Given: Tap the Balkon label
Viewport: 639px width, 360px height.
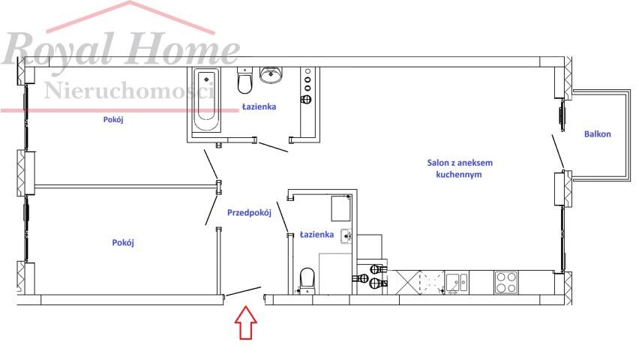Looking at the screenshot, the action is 598,134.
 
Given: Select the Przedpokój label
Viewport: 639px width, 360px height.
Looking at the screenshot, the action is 249,212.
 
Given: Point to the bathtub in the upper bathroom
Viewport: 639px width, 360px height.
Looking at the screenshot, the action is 206,100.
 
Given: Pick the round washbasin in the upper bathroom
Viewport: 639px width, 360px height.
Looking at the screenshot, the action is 271,75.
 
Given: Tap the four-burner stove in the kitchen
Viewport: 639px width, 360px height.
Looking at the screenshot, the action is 506,283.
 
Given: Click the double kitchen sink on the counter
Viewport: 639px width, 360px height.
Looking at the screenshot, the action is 457,282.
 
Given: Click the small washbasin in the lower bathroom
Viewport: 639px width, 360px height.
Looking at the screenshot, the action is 346,236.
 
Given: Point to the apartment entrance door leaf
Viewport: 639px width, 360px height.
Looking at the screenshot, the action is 244,291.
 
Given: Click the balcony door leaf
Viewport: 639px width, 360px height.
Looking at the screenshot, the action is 558,151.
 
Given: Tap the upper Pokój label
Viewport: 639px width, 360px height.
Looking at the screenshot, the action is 113,120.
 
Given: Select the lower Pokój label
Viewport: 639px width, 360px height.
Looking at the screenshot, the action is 123,242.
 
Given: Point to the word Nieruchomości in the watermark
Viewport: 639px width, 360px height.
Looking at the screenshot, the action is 129,91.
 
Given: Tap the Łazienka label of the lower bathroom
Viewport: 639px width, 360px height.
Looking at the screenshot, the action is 316,235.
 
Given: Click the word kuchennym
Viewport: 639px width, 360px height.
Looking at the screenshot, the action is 459,175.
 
